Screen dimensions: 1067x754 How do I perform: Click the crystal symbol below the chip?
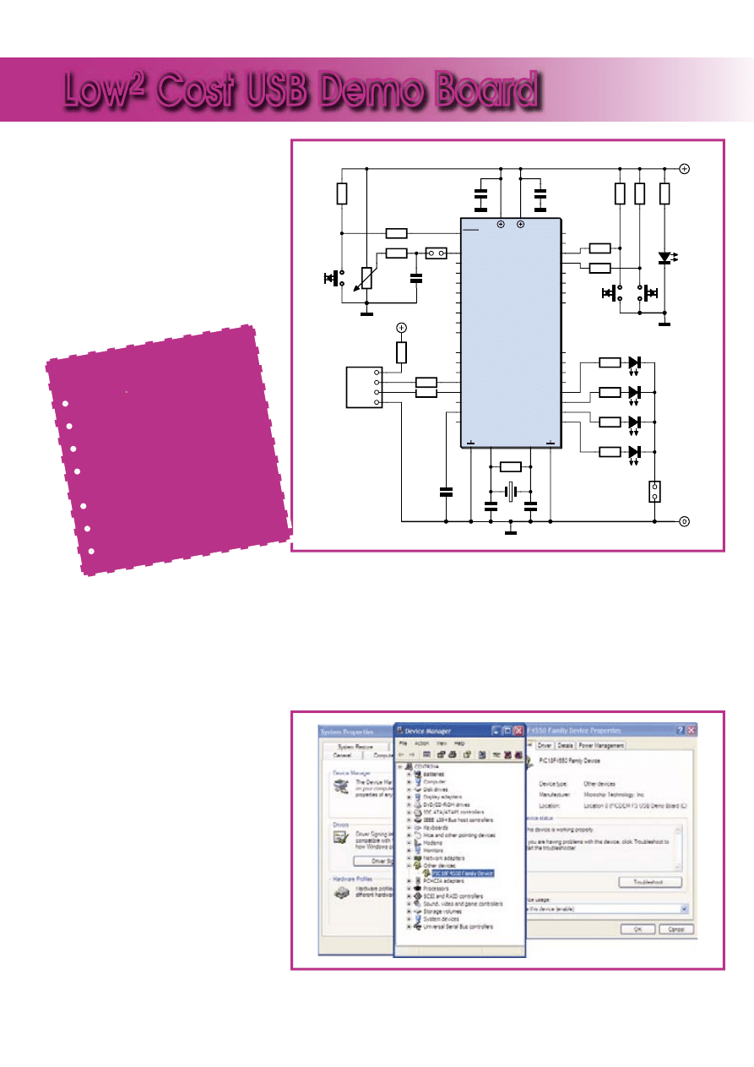point(510,491)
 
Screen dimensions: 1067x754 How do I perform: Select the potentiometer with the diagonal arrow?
point(366,277)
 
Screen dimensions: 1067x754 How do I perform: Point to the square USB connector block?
point(364,387)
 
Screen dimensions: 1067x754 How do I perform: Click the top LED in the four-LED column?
point(635,362)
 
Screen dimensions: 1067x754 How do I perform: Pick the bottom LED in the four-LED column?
point(635,451)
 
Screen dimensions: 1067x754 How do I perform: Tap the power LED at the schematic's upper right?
point(665,257)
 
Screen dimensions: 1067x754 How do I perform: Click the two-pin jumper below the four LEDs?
point(654,492)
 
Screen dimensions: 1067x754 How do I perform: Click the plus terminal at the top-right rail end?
point(684,168)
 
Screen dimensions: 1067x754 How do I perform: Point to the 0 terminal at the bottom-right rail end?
point(684,521)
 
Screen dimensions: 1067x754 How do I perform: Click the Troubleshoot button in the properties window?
point(650,882)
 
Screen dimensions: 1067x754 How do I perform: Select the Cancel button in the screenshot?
point(676,929)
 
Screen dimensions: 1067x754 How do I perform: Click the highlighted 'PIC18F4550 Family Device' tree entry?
point(463,874)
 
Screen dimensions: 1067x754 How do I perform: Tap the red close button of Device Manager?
point(518,731)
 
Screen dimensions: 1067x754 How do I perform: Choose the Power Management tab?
point(601,745)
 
